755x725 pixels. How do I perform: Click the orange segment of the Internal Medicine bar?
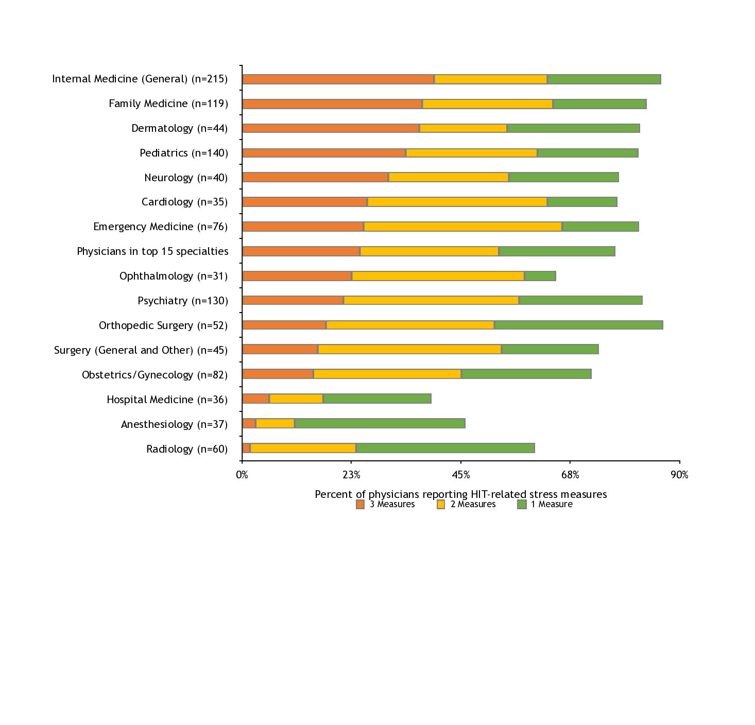coord(338,79)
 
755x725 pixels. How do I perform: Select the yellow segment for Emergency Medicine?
coord(463,227)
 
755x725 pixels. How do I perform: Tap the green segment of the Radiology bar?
coord(445,448)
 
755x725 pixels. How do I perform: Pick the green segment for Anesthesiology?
coord(380,424)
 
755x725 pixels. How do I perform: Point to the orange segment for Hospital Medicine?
coord(256,399)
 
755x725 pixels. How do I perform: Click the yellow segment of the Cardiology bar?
coord(457,202)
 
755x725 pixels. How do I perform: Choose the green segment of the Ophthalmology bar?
coord(540,276)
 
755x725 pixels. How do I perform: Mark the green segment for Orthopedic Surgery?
coord(578,325)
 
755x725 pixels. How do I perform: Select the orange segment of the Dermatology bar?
coord(331,128)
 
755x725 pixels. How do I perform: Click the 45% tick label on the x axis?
coord(461,475)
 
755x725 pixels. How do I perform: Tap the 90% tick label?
coord(679,475)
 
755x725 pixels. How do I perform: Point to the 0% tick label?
coord(242,475)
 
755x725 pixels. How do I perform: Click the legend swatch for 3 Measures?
coord(361,505)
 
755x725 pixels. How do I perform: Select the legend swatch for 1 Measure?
coord(522,505)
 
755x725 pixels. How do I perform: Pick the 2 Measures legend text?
coord(473,505)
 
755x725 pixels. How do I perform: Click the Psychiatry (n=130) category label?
coord(183,301)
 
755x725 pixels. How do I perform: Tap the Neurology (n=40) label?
coord(186,178)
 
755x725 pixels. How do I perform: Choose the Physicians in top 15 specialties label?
coord(152,251)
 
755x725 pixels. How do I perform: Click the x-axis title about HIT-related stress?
coord(460,494)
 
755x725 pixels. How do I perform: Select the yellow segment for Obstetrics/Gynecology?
coord(387,374)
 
